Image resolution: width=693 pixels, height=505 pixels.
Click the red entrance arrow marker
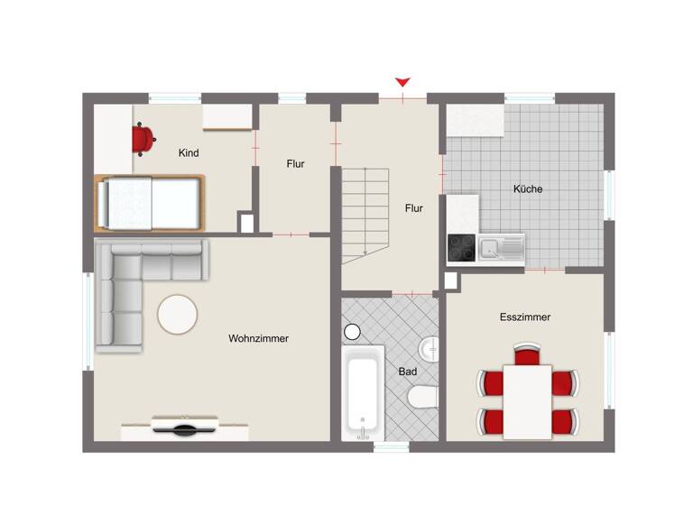[x=402, y=82]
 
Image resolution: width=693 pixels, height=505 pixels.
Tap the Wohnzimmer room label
[x=258, y=338]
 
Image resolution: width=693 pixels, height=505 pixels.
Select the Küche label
[x=528, y=189]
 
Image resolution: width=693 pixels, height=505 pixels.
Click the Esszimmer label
[x=525, y=317]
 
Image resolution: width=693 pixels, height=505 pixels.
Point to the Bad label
[x=407, y=371]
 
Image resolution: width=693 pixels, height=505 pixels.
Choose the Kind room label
[x=189, y=153]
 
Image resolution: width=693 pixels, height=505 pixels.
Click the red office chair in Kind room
[x=143, y=138]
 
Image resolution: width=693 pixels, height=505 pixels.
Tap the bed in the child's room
[x=149, y=202]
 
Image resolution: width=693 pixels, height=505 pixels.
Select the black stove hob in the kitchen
[x=462, y=247]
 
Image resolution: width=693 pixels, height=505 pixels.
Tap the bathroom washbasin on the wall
[x=431, y=345]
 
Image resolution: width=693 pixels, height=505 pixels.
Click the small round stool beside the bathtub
[x=352, y=331]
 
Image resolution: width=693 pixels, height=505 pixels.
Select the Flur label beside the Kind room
[x=295, y=164]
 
